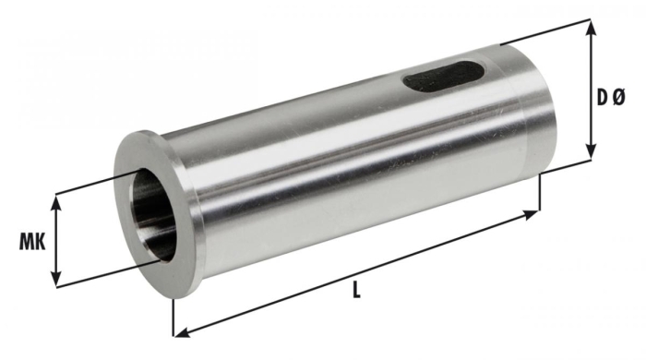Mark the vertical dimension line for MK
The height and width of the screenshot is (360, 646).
[57, 240]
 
